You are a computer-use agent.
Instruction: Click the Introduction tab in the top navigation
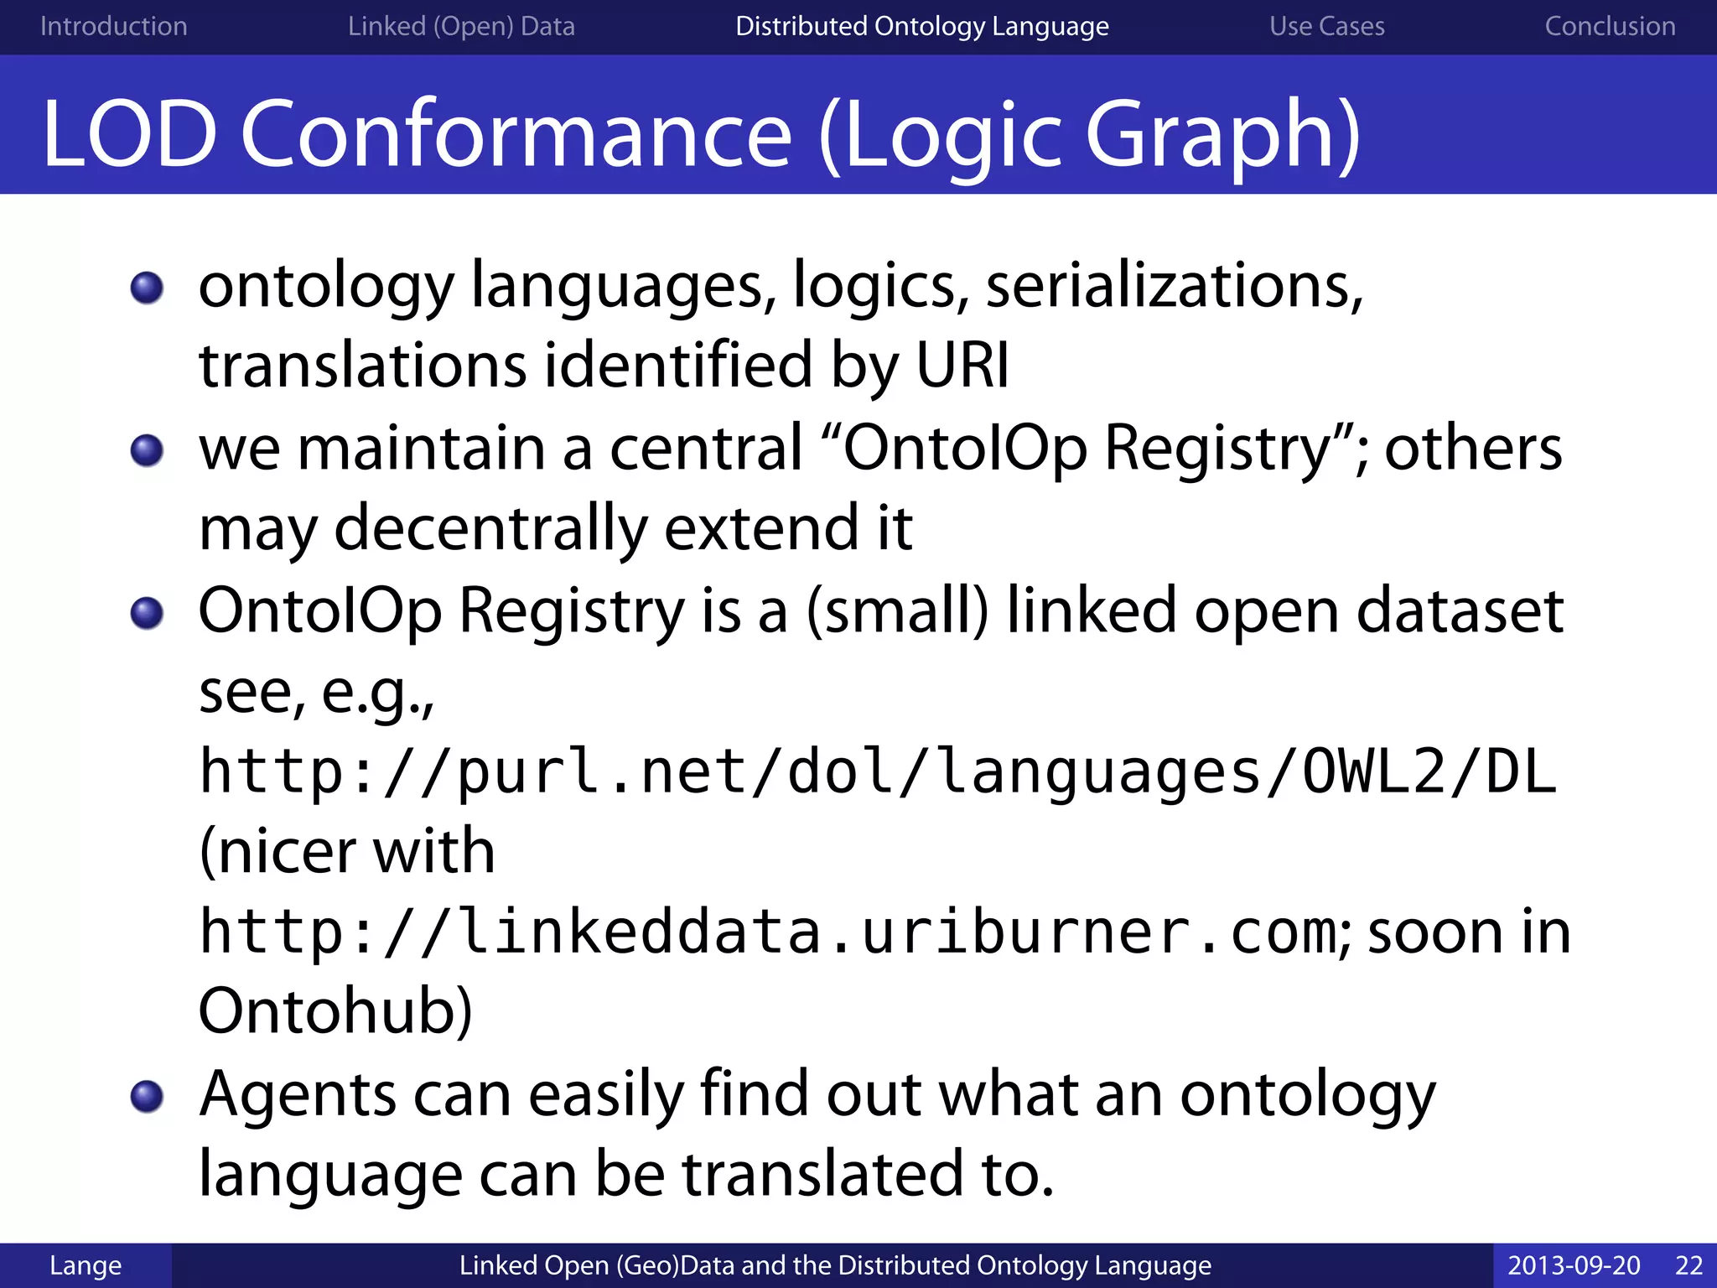click(113, 26)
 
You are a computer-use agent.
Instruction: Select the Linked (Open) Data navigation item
click(461, 26)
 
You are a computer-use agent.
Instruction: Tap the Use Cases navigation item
click(1326, 26)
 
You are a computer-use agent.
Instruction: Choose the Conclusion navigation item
click(1610, 26)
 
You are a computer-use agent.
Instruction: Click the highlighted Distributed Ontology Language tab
click(921, 26)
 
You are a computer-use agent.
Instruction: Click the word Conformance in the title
click(516, 134)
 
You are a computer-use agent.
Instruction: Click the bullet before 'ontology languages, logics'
click(148, 288)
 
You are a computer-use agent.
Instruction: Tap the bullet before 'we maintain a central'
click(148, 450)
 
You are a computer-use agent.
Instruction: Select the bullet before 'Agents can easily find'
click(148, 1096)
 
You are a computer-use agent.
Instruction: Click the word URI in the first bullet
click(962, 366)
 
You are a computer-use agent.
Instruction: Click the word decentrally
click(490, 529)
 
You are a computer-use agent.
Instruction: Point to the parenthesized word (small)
click(897, 610)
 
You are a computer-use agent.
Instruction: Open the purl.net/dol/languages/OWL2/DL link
click(877, 772)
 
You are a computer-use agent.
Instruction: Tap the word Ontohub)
click(335, 1011)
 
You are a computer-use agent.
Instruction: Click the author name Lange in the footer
click(85, 1265)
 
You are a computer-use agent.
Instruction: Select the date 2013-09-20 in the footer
click(1574, 1265)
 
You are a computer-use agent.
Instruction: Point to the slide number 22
click(1688, 1265)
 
